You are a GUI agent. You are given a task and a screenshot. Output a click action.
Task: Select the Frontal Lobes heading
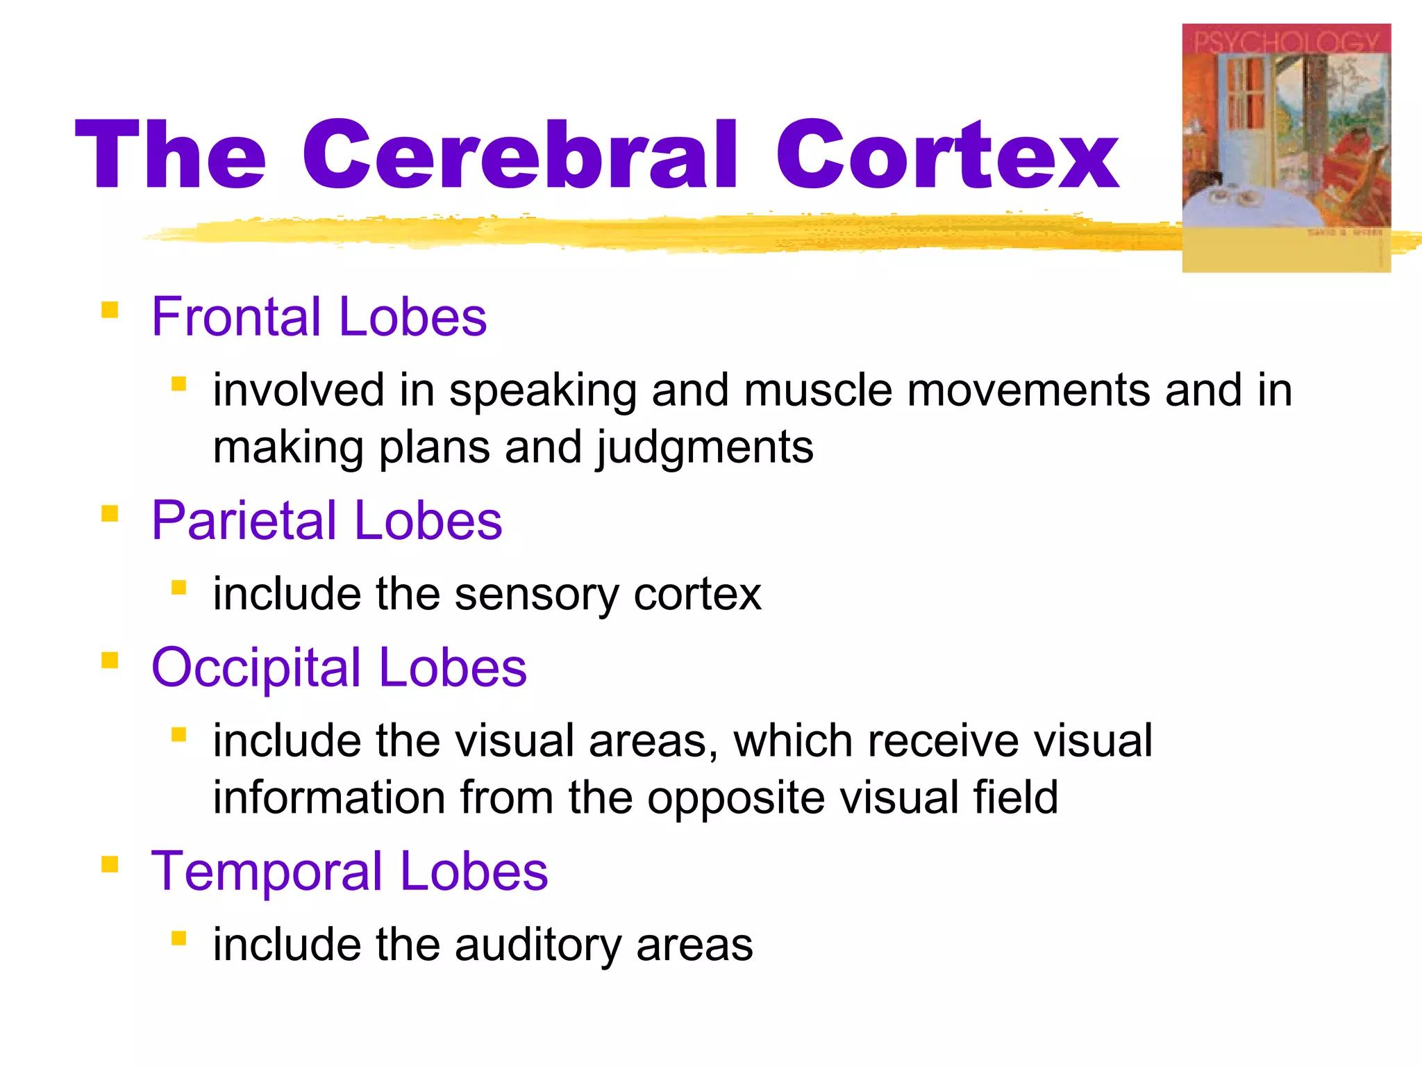click(319, 317)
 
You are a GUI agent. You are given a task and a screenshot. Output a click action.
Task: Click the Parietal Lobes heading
click(326, 520)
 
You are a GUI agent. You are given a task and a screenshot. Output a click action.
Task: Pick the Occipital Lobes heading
click(339, 667)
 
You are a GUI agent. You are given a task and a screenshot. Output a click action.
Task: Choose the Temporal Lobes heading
click(349, 871)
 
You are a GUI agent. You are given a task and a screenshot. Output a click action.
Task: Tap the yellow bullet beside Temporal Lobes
click(110, 863)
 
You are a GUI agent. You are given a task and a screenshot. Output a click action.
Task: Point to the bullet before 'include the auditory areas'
click(179, 938)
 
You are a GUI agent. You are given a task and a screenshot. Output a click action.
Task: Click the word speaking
click(542, 391)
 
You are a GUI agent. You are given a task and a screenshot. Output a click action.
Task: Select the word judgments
click(705, 448)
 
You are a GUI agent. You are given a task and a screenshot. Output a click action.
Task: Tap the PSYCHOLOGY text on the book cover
click(1286, 42)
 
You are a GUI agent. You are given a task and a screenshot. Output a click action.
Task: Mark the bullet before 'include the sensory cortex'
click(179, 588)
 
